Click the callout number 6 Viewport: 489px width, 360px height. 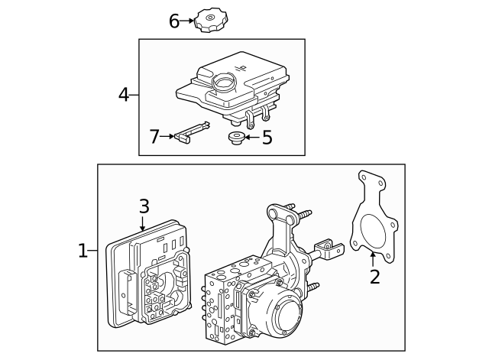tap(174, 21)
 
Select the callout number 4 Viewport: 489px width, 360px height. tap(124, 95)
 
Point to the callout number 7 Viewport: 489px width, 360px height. tap(154, 136)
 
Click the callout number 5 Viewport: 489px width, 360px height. tap(267, 138)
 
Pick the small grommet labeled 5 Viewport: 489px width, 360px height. tap(236, 138)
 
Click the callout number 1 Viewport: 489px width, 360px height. tap(83, 250)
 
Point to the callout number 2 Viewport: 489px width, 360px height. tap(374, 276)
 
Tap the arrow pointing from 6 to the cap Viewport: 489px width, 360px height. tap(189, 21)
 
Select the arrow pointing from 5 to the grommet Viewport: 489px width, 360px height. tap(251, 138)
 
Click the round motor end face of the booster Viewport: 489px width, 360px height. tap(283, 315)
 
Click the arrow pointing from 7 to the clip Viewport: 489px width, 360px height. tap(167, 136)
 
